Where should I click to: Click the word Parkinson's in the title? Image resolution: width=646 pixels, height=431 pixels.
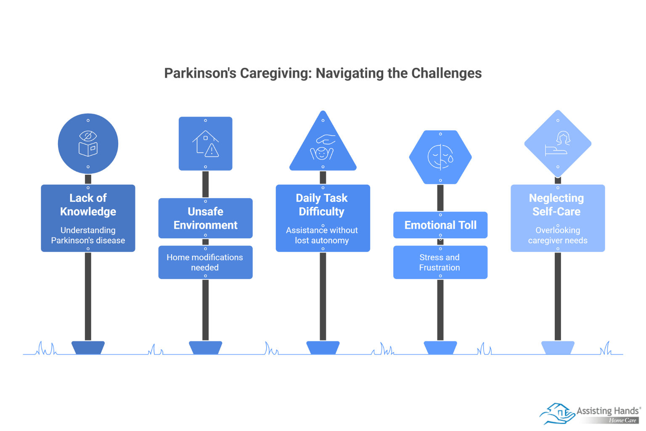point(200,73)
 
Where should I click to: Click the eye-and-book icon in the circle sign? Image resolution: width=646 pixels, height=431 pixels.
point(88,144)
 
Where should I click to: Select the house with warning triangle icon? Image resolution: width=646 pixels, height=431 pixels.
point(206,144)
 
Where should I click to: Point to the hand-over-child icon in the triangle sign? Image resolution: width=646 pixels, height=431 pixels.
point(323,147)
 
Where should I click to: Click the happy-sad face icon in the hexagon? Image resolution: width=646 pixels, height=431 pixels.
point(440,157)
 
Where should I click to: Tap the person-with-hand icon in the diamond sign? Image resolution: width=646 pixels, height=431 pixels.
point(558,144)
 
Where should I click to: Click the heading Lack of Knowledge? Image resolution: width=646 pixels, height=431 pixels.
point(88,205)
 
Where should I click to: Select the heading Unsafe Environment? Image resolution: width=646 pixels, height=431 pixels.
point(206,218)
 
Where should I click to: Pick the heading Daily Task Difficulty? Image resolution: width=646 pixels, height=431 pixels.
point(322,205)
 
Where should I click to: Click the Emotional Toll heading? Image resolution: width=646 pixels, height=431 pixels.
point(440,225)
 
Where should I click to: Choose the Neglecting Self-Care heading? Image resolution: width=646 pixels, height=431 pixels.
point(556,205)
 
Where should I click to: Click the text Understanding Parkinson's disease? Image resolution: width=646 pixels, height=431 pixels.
point(88,235)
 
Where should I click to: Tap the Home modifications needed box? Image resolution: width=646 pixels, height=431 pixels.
point(205,262)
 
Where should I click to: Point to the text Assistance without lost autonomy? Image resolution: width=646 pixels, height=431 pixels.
point(322,235)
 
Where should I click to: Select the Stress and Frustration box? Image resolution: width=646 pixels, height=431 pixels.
point(440,262)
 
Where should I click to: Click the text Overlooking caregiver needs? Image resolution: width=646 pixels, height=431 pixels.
point(558,235)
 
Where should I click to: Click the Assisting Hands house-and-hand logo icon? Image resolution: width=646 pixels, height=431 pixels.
point(557,413)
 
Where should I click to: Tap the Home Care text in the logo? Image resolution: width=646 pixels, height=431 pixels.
point(622,420)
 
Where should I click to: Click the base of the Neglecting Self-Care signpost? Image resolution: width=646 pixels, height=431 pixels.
point(558,348)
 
